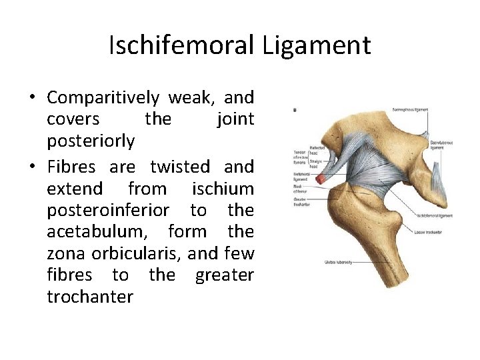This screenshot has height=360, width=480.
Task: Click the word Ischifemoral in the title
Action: (x=181, y=46)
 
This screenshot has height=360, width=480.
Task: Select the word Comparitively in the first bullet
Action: (x=103, y=98)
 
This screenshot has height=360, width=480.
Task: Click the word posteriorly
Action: (x=91, y=141)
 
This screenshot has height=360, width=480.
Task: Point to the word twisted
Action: (x=180, y=167)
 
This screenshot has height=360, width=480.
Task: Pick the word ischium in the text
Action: (x=223, y=188)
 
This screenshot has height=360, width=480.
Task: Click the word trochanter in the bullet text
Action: (x=90, y=297)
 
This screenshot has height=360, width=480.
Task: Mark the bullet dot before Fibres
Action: (x=32, y=167)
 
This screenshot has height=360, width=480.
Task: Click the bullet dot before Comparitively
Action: (x=32, y=98)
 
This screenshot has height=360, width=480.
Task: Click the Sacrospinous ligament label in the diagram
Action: (x=410, y=109)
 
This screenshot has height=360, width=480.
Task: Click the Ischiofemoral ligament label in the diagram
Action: (x=434, y=215)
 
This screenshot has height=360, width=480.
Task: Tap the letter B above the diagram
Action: (x=295, y=110)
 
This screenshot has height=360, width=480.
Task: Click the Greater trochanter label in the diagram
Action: (x=301, y=201)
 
